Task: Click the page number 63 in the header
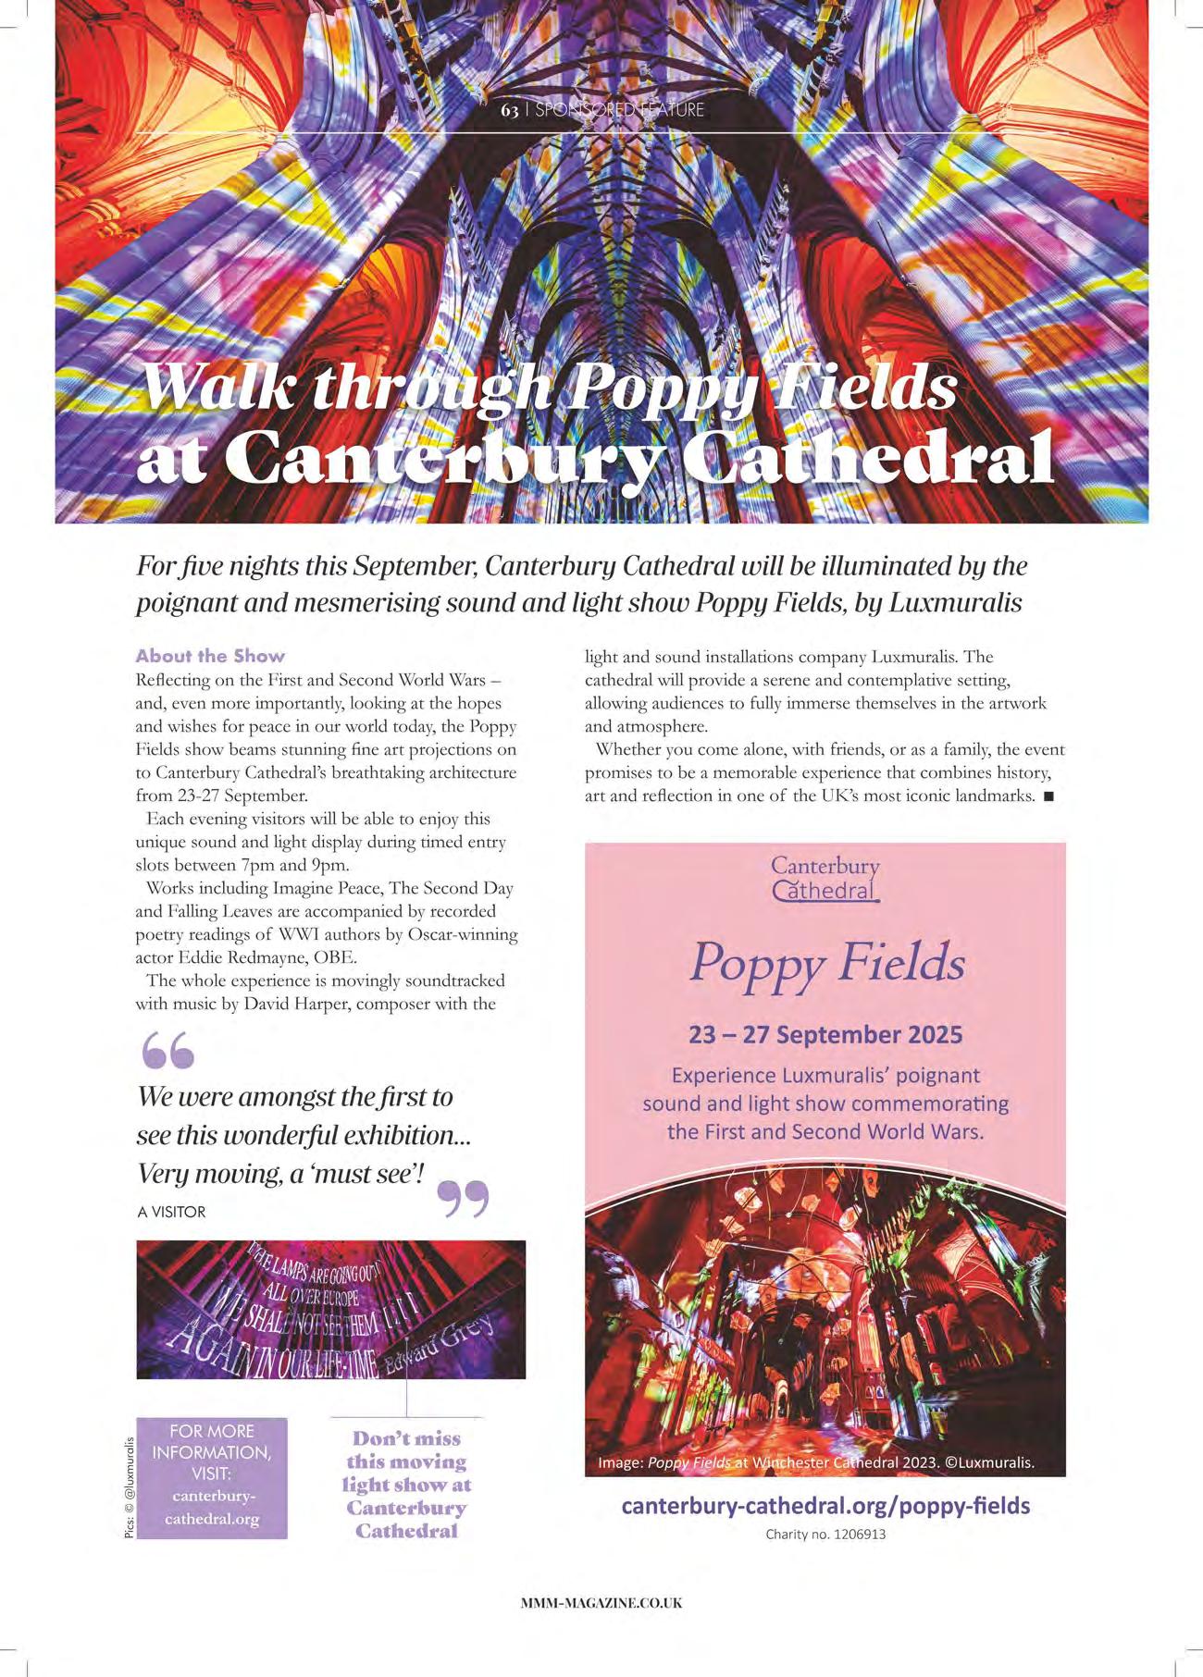[x=509, y=110]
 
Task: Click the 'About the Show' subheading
[x=210, y=656]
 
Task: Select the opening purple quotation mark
[x=168, y=1050]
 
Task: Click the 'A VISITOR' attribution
[x=171, y=1212]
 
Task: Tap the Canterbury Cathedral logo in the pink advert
[x=825, y=878]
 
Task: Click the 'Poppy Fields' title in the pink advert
[x=826, y=963]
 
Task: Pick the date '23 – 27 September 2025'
[x=825, y=1034]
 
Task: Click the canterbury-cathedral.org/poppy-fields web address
[x=825, y=1506]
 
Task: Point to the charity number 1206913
[x=825, y=1535]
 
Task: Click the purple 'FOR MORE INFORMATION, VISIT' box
[x=212, y=1478]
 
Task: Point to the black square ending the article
[x=1048, y=796]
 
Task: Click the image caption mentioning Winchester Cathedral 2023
[x=815, y=1463]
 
